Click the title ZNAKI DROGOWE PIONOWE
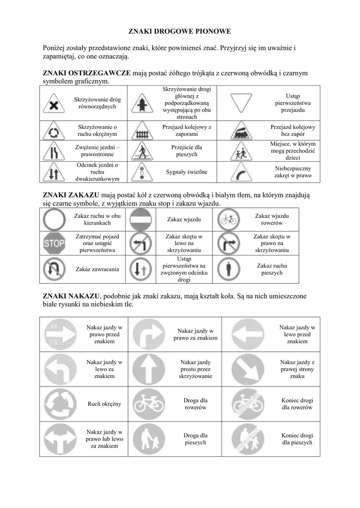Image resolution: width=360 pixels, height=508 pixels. [x=180, y=31]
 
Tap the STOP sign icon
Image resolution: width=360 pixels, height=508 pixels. [x=55, y=243]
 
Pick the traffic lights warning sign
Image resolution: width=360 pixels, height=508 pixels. [x=141, y=172]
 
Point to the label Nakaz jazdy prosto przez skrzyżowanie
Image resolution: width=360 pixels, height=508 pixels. [x=195, y=369]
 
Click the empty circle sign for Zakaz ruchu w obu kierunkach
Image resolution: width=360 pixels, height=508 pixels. [x=54, y=219]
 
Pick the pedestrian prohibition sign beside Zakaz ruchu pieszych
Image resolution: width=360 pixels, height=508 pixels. [x=228, y=269]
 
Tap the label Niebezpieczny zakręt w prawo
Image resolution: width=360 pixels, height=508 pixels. [x=292, y=172]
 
